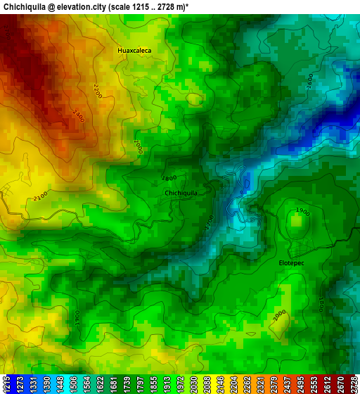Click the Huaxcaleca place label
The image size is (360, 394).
(x=134, y=51)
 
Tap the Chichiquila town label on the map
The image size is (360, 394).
(x=181, y=193)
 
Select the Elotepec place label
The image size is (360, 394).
(x=292, y=262)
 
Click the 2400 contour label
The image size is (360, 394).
(x=78, y=115)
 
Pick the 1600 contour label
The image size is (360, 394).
(x=309, y=81)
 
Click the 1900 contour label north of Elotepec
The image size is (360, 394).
(x=302, y=211)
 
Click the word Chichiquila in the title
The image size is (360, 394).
(x=25, y=6)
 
